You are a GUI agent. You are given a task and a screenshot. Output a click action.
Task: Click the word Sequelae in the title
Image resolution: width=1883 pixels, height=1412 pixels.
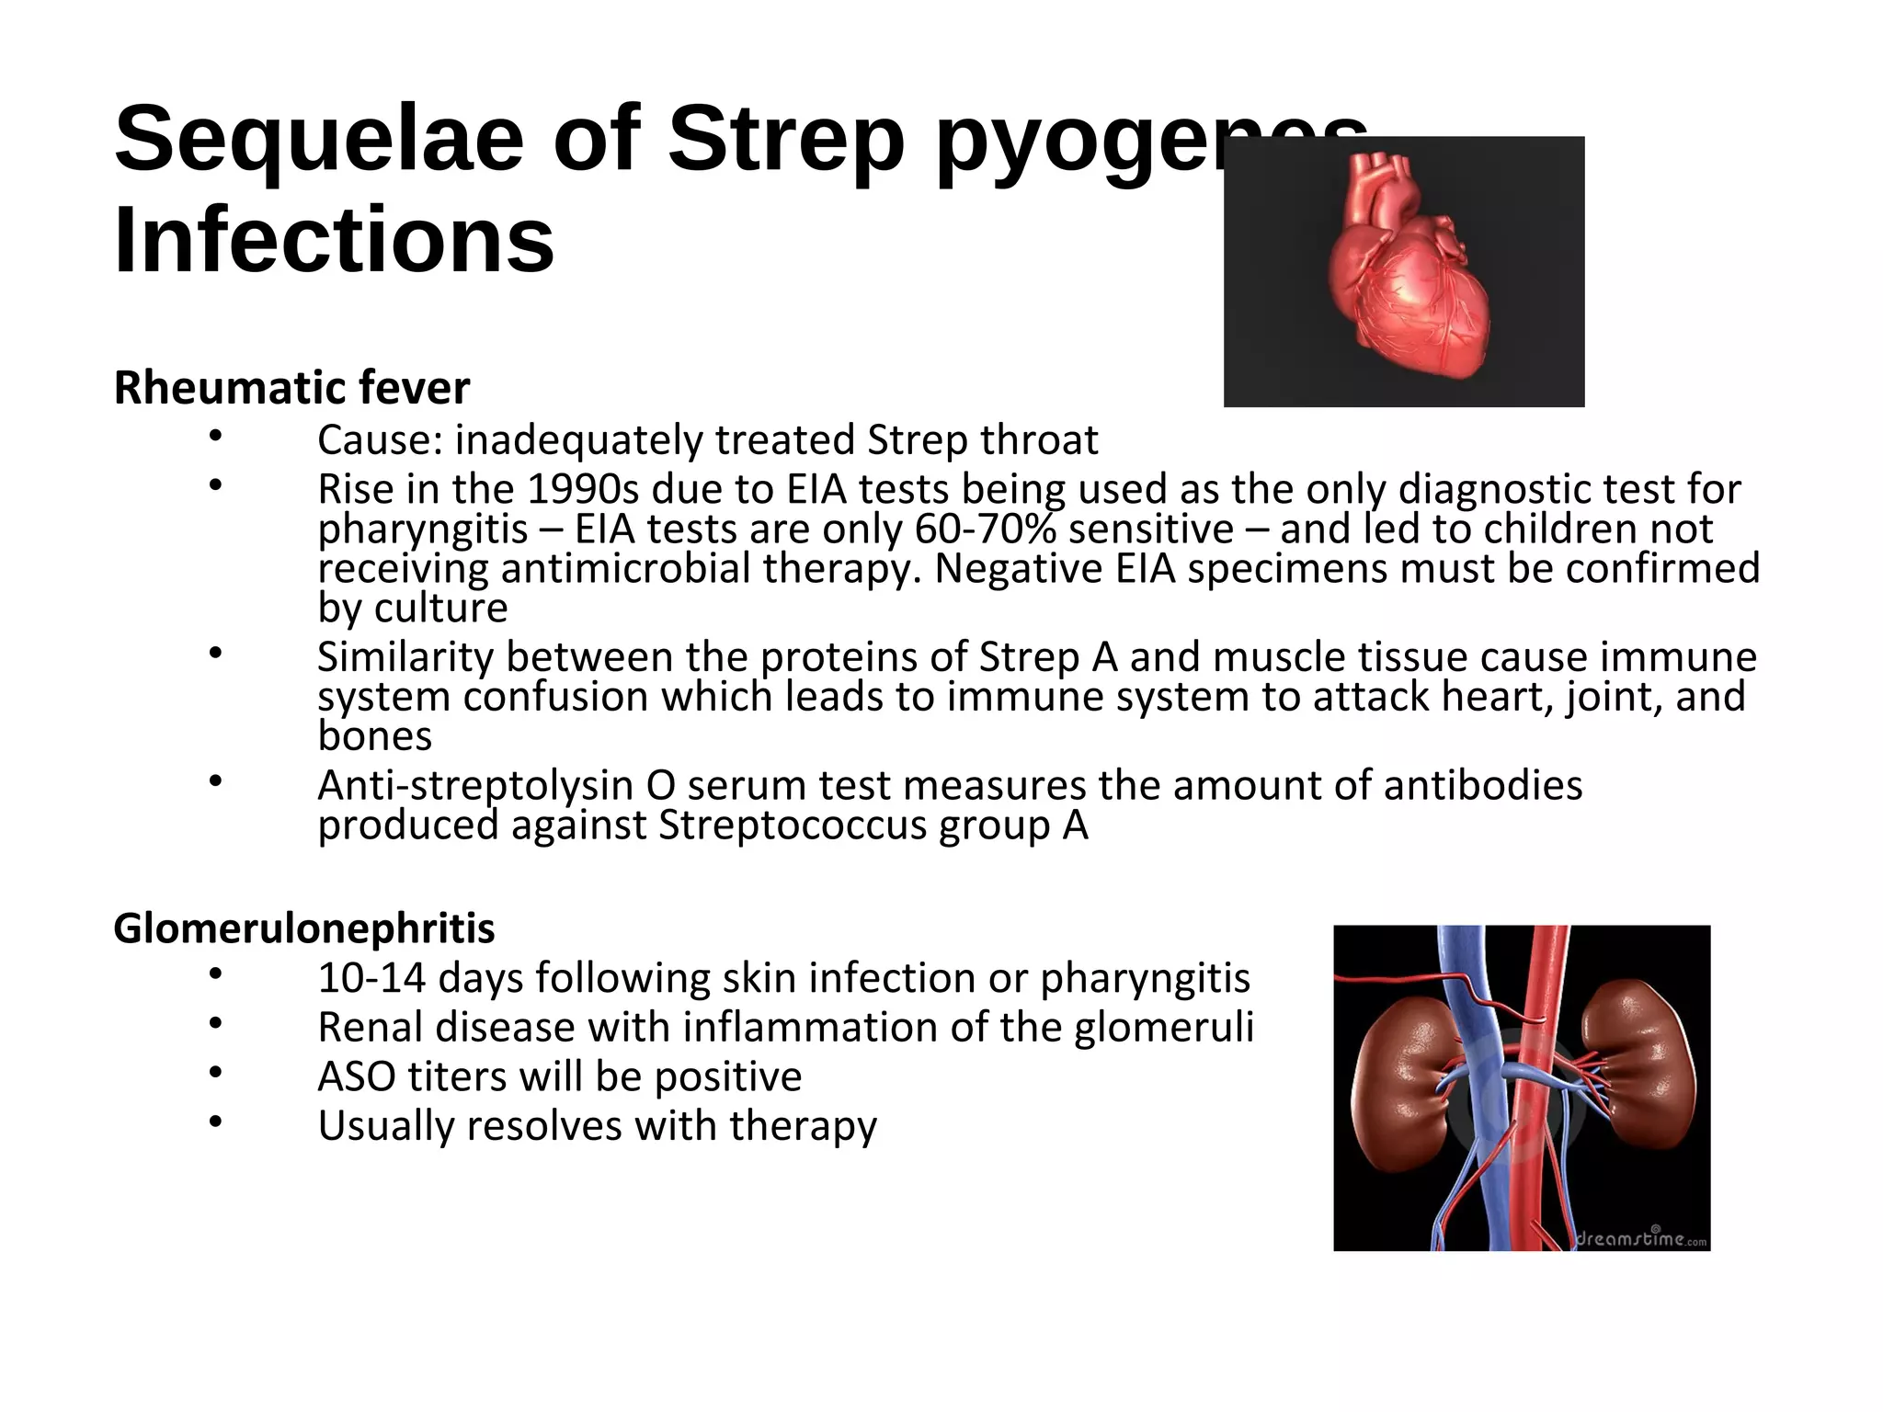[318, 140]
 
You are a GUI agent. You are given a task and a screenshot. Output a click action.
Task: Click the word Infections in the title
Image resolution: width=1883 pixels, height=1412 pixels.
[334, 241]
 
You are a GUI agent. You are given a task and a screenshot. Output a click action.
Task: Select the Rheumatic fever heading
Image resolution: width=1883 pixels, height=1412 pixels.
[291, 388]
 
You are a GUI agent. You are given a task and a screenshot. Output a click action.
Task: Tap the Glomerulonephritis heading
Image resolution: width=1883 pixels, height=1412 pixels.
[303, 928]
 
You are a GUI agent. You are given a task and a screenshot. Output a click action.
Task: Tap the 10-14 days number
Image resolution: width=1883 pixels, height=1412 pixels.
[371, 978]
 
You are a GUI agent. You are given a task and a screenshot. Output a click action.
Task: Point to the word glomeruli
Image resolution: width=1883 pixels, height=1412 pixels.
[1163, 1028]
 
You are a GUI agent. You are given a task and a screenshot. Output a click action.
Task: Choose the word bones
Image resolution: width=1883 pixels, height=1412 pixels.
[375, 736]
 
